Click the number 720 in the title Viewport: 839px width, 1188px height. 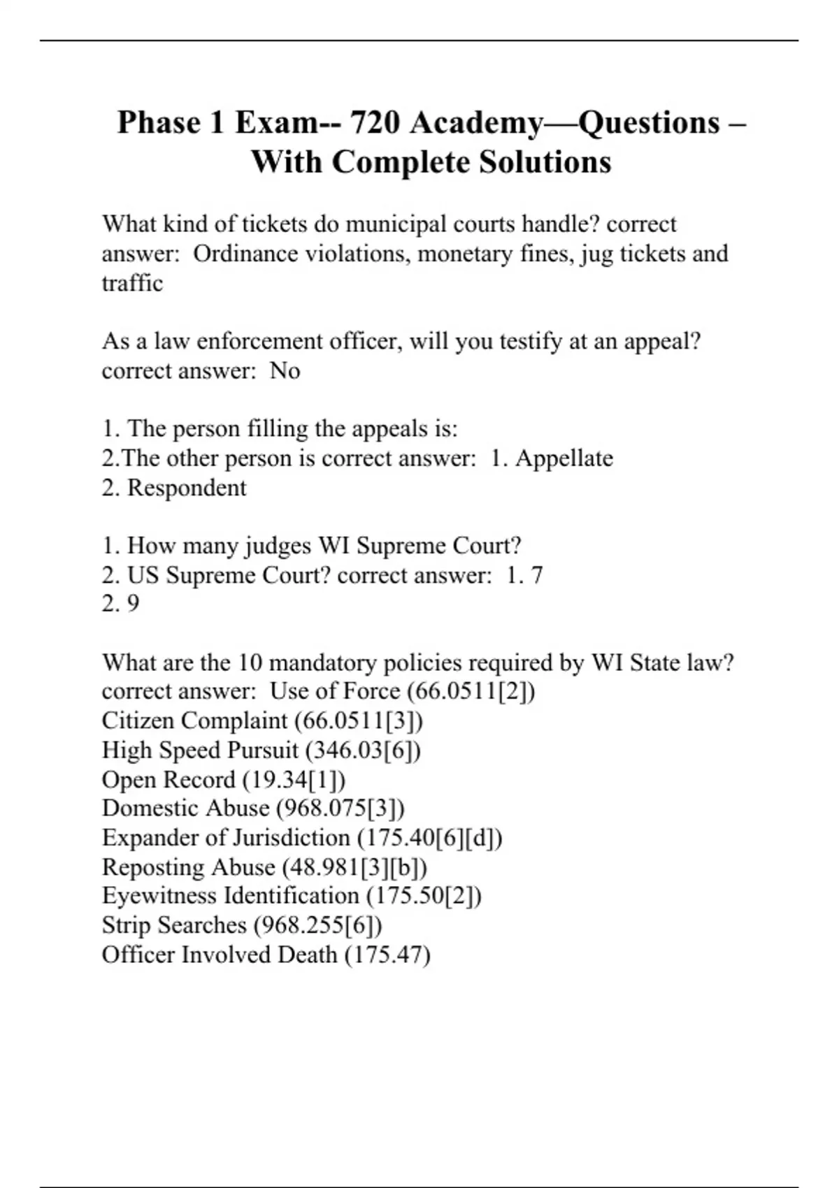point(374,123)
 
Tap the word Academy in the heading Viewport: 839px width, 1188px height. point(475,123)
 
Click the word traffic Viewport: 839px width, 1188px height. point(132,283)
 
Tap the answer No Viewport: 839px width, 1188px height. point(285,371)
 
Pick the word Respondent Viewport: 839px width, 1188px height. point(187,488)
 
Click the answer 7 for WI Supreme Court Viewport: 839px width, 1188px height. point(537,575)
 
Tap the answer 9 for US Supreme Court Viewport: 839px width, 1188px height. point(133,604)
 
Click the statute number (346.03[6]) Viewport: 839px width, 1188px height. point(363,751)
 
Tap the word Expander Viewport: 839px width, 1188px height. point(146,838)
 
